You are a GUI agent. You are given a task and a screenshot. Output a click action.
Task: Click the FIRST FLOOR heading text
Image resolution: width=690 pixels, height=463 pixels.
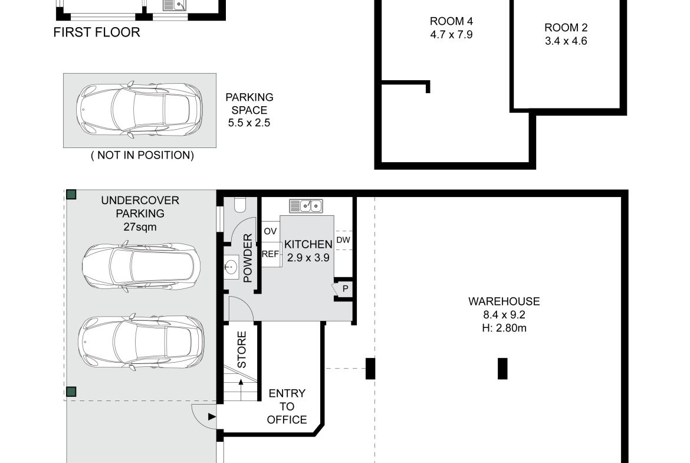pos(97,32)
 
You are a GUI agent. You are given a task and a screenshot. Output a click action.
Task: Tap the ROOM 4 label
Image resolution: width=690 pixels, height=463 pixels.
pos(452,21)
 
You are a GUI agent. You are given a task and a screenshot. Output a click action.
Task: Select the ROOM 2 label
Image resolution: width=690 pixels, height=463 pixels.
pos(566,28)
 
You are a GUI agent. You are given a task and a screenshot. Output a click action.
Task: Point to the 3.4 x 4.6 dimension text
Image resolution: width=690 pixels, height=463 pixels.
pos(566,41)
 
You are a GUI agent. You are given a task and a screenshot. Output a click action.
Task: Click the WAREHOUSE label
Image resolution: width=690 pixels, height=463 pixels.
pos(504,301)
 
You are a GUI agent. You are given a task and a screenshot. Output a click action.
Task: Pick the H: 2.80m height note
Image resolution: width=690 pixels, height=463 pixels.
pos(504,328)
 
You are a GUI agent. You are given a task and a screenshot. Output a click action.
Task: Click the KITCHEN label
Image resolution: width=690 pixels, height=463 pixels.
pos(308,244)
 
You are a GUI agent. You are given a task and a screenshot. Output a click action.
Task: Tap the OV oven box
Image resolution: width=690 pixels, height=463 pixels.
pos(271,231)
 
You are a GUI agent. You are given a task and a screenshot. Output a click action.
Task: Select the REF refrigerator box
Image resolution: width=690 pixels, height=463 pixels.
pos(271,254)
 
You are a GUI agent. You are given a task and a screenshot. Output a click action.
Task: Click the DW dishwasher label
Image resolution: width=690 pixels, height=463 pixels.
pos(343,240)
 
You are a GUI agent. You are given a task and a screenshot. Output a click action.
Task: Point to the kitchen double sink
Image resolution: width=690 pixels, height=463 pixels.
pos(306,205)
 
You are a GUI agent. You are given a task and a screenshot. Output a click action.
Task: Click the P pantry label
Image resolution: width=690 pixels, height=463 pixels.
pos(346,289)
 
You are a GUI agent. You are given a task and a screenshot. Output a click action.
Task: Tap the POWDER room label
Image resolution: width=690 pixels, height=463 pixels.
pos(248,258)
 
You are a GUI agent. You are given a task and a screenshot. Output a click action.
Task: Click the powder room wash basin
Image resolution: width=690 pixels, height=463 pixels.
pos(231,267)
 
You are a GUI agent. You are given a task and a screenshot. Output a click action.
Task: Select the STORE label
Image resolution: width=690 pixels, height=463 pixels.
pos(242,350)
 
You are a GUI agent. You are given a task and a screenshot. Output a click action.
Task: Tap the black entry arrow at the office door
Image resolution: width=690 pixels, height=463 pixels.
pos(212,417)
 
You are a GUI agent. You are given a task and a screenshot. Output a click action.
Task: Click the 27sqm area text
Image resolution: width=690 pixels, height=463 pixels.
pos(140,227)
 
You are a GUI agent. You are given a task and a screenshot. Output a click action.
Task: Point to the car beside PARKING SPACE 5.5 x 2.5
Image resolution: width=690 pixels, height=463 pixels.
pos(140,110)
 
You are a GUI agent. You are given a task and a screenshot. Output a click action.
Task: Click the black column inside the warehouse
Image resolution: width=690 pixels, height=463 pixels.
pos(502,369)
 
